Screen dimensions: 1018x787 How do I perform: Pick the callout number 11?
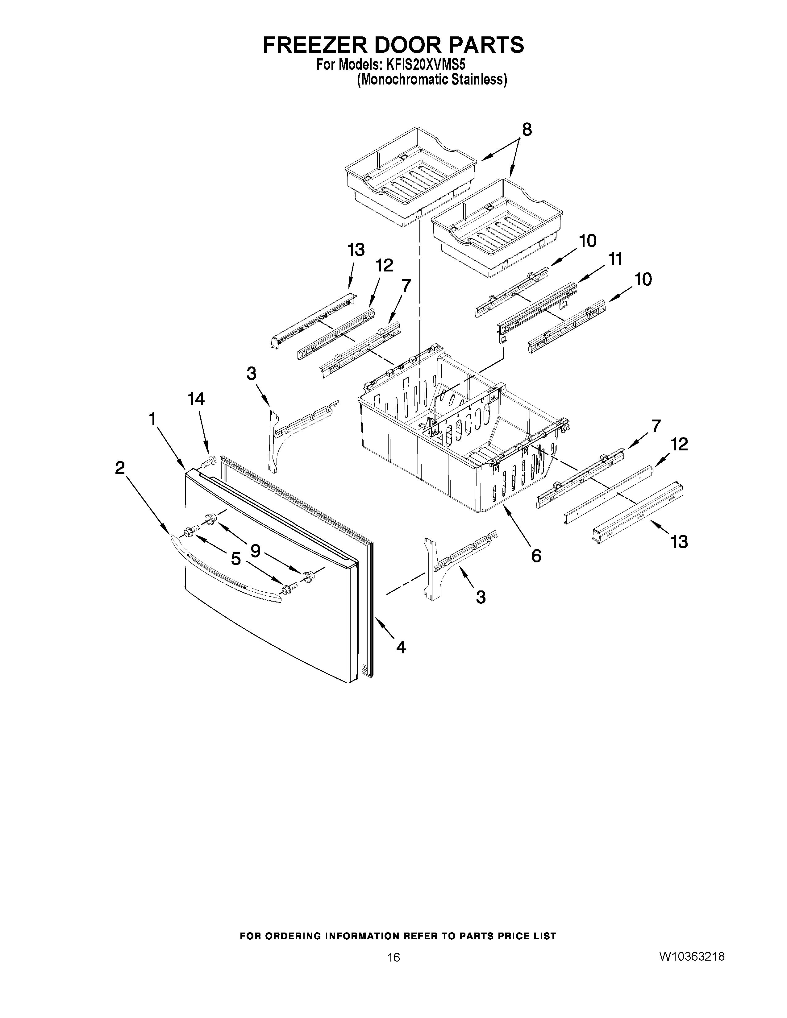coord(615,259)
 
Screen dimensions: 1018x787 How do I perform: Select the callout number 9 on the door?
coord(256,550)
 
